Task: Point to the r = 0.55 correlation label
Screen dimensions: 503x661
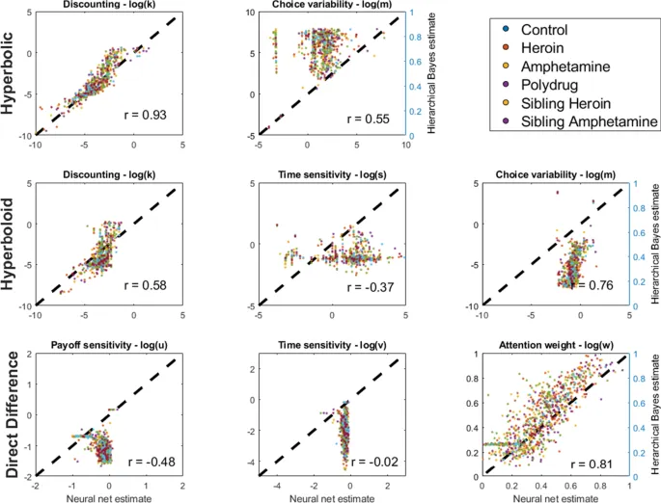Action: (x=372, y=116)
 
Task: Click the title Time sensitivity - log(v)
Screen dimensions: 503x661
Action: (x=333, y=344)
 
